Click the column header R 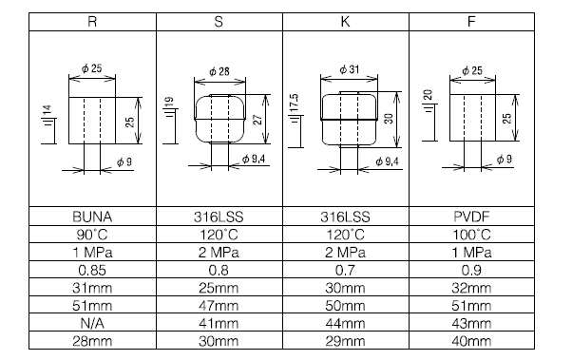92,22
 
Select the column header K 345,22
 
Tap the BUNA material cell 92,217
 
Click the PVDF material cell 471,217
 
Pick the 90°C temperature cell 92,235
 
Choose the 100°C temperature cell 471,235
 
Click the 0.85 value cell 92,271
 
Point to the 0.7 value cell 345,271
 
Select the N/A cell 92,324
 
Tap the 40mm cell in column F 471,341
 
